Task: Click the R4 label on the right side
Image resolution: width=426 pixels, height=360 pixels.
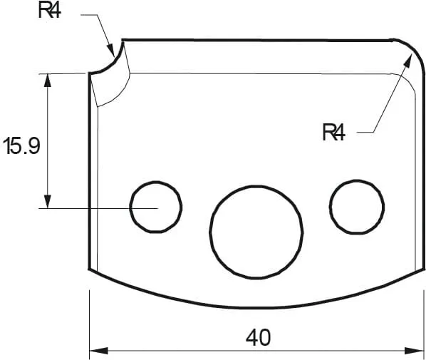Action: pos(333,132)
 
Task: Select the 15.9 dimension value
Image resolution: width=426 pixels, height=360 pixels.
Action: pos(21,147)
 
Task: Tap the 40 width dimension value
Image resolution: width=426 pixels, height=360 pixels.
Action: pos(258,337)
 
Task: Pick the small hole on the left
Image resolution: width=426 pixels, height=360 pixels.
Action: pos(155,207)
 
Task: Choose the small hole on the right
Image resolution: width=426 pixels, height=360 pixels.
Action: pos(357,207)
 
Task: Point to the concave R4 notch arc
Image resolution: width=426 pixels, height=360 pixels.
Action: pos(109,63)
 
